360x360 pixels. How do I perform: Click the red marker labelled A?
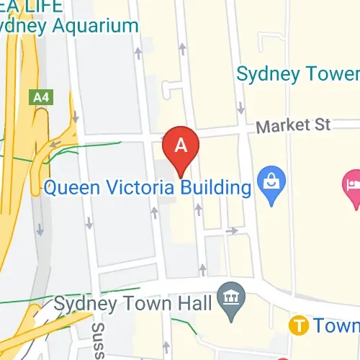[181, 147]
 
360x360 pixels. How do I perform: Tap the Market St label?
[293, 126]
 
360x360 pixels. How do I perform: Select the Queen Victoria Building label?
[148, 189]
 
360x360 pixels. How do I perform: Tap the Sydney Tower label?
[297, 74]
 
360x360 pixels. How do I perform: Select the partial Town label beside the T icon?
[336, 325]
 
